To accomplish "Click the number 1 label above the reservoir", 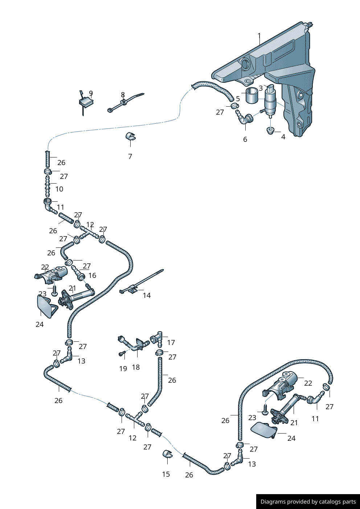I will (x=259, y=36).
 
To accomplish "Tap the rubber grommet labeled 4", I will (x=270, y=130).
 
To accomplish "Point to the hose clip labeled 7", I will (x=131, y=137).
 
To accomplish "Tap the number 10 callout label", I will (x=59, y=189).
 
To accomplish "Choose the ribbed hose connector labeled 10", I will (x=47, y=186).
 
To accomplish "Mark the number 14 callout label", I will (x=147, y=295).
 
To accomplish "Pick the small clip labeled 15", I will (x=167, y=455).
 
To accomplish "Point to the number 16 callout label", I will (x=92, y=275).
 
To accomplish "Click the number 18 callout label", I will (x=136, y=367).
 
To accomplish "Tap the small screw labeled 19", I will (x=122, y=353).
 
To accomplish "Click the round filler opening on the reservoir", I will (x=246, y=65).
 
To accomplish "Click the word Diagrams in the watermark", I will (x=273, y=502).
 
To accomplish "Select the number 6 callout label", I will (x=245, y=139).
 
